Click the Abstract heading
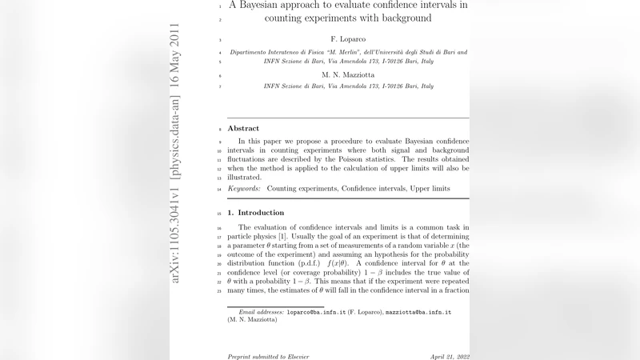(x=243, y=128)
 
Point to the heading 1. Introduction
(x=256, y=213)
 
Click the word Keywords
(x=244, y=189)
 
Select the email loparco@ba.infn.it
(x=315, y=312)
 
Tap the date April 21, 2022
(x=449, y=355)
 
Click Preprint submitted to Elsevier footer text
(x=268, y=355)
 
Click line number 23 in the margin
(x=219, y=290)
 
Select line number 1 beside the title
(x=219, y=6)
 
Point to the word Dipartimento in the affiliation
(x=250, y=51)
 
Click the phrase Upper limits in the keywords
(x=430, y=189)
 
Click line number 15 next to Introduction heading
(x=219, y=214)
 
